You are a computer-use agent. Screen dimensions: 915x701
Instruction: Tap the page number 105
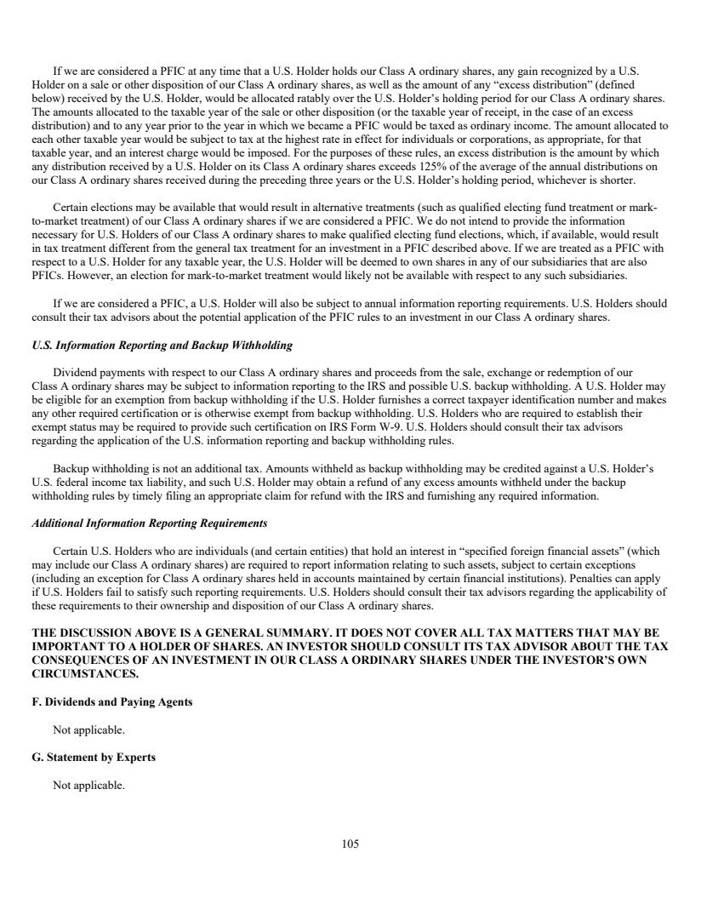point(350,844)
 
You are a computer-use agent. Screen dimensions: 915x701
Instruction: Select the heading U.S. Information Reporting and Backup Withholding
point(162,346)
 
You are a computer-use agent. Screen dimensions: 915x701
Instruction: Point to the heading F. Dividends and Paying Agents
point(111,701)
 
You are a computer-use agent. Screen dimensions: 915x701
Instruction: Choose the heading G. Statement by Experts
point(94,757)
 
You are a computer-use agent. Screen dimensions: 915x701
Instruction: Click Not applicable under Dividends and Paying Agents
point(88,729)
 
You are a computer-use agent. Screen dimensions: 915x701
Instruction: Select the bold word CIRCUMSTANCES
point(85,673)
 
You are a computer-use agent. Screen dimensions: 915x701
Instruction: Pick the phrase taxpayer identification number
point(558,400)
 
